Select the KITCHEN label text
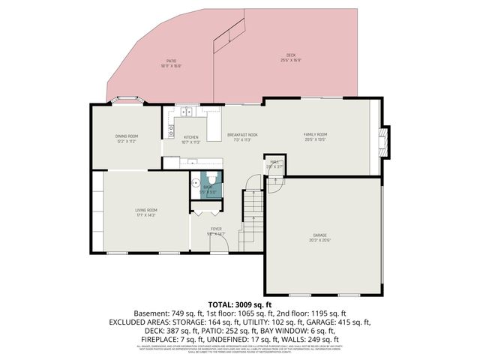tap(191, 137)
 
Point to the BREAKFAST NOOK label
tap(242, 135)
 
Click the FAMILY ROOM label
tap(315, 134)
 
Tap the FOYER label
tap(216, 229)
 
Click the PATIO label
tap(171, 61)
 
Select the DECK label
tap(291, 55)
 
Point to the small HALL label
tap(275, 161)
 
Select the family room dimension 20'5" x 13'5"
tap(315, 139)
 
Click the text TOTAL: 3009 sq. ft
tap(240, 304)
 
